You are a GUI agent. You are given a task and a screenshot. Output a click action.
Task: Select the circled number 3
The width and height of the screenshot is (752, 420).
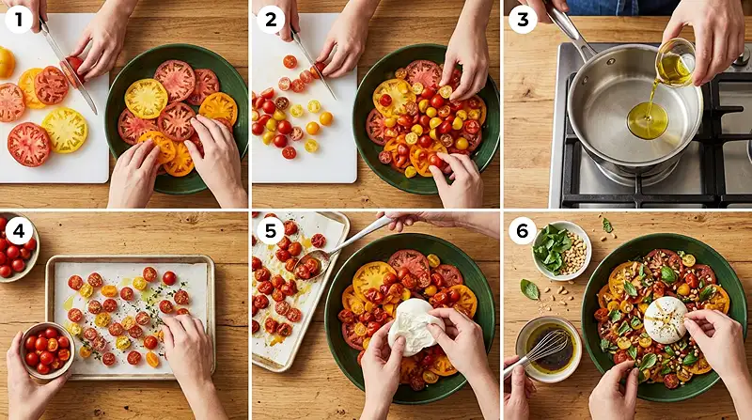pyautogui.click(x=522, y=18)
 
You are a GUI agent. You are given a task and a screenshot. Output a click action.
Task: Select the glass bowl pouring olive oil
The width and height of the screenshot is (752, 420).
pyautogui.click(x=674, y=61)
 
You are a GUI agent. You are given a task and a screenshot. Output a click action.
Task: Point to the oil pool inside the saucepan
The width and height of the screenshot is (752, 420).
pyautogui.click(x=648, y=120)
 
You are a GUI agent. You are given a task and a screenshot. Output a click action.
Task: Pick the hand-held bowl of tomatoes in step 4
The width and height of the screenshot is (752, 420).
pyautogui.click(x=45, y=350)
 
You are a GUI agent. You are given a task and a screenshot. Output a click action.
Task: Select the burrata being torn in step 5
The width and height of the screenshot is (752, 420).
pyautogui.click(x=414, y=325)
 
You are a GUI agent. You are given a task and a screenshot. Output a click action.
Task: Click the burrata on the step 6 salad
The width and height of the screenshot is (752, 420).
pyautogui.click(x=666, y=319)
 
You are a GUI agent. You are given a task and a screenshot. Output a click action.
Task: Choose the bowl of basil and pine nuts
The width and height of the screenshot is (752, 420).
pyautogui.click(x=562, y=250)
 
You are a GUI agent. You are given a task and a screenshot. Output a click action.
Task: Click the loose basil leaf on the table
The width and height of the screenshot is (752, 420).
pyautogui.click(x=531, y=289)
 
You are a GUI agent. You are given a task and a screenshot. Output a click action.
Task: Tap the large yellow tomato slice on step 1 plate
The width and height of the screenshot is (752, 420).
pyautogui.click(x=147, y=97)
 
